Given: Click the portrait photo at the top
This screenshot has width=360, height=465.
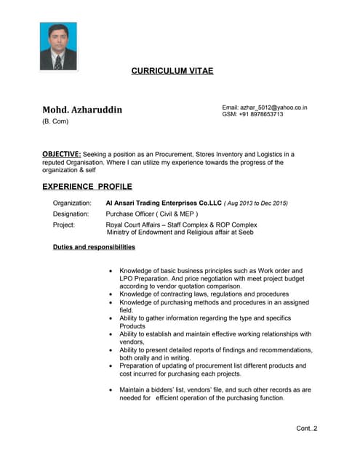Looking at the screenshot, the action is click(x=58, y=46).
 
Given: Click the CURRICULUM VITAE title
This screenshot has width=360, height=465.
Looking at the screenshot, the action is click(x=172, y=71).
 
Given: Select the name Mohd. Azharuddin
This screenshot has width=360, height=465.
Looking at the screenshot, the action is click(x=82, y=110).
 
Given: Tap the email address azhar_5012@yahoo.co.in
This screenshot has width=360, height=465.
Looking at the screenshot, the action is click(x=273, y=108).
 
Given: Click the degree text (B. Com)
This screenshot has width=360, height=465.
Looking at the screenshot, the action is click(x=55, y=121).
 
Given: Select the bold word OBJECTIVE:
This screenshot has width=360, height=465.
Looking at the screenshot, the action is click(x=62, y=154).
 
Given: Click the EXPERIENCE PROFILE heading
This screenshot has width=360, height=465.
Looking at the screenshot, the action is click(x=87, y=187).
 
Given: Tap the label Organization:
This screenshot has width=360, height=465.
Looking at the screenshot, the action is click(x=72, y=203).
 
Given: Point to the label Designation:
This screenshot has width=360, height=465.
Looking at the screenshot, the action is click(x=71, y=214).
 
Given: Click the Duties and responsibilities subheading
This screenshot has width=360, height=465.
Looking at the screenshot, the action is click(x=94, y=247).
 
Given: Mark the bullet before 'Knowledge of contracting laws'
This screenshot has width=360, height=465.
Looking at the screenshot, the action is click(x=111, y=294).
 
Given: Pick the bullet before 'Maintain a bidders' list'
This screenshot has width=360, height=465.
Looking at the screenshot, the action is click(x=111, y=389).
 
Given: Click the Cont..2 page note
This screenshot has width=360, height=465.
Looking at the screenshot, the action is click(x=306, y=428).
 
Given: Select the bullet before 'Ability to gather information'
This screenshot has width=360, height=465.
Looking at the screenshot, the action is click(x=111, y=318).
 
